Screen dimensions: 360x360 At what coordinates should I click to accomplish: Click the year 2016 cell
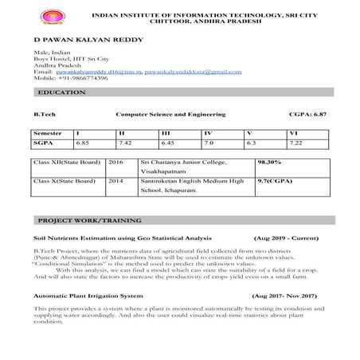tap(115, 161)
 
